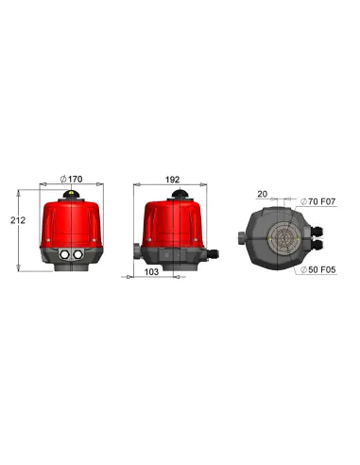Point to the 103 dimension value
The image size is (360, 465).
151,271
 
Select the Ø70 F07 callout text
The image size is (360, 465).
319,201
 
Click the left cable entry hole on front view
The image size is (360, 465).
63,255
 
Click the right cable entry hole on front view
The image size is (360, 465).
77,255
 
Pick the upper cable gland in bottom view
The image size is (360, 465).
317,228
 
